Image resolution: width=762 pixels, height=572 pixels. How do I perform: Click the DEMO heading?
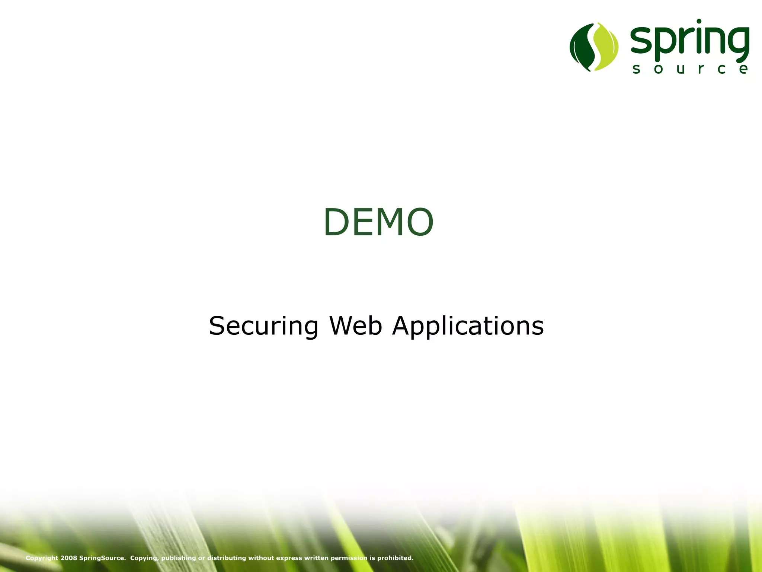point(378,222)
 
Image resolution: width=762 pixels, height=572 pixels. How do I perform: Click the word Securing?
point(263,326)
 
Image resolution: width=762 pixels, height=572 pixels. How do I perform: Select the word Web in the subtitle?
point(356,326)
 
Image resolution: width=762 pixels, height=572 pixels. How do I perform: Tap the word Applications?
point(468,327)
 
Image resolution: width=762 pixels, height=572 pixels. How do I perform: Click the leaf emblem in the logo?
point(594,47)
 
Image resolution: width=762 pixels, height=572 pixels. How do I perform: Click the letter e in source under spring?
point(743,69)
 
